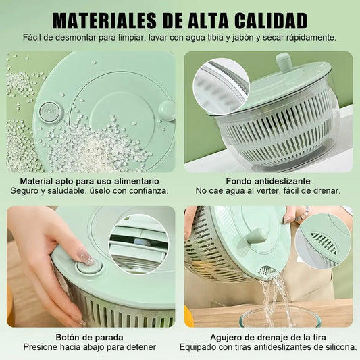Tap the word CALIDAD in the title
coord(271,21)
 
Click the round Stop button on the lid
coord(50,112)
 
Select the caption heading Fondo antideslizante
coord(268,181)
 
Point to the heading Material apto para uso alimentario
coord(90,181)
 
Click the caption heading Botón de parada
coord(90,338)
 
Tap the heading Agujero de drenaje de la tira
coord(268,338)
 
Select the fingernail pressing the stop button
coord(86,257)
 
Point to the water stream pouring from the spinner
coord(274,299)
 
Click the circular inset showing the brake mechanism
coord(139,244)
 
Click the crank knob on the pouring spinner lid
coord(257,236)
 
